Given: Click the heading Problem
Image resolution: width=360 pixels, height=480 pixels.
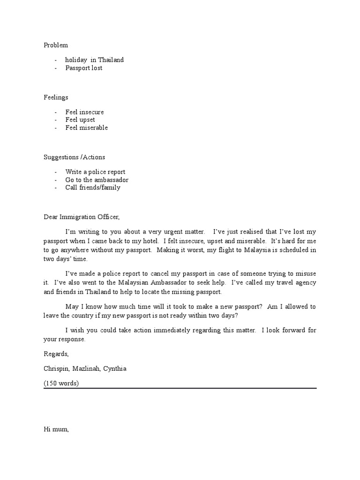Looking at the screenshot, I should coord(56,45).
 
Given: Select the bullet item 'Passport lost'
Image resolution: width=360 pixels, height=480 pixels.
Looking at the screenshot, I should coord(83,67).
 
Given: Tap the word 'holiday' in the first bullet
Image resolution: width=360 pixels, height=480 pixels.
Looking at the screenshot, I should coord(76,60).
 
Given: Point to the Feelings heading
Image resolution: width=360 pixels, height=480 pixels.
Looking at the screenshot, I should coord(56,97).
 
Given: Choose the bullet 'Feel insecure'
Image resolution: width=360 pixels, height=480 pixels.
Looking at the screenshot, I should coord(84,112).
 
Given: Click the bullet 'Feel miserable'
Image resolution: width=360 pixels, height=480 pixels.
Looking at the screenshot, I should coord(86,127).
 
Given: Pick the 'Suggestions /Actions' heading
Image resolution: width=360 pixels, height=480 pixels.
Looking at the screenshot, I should coord(75,157).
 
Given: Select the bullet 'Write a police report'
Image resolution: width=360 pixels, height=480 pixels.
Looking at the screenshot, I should coord(95,172).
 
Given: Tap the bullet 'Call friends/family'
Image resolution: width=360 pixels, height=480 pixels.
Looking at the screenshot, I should coord(93,187).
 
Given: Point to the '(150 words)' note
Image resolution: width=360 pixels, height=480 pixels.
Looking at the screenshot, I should coord(61,383).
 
